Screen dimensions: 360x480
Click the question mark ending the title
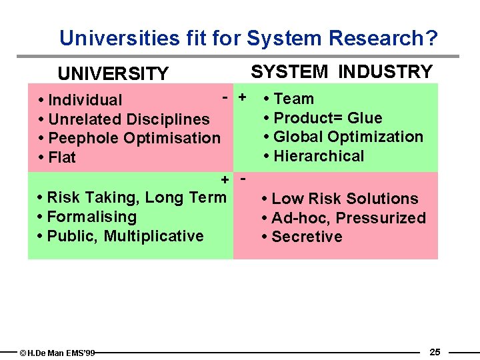[432, 38]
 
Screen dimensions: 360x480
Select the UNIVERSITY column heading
[113, 73]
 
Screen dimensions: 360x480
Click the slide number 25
[435, 352]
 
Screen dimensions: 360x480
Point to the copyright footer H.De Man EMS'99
[58, 353]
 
